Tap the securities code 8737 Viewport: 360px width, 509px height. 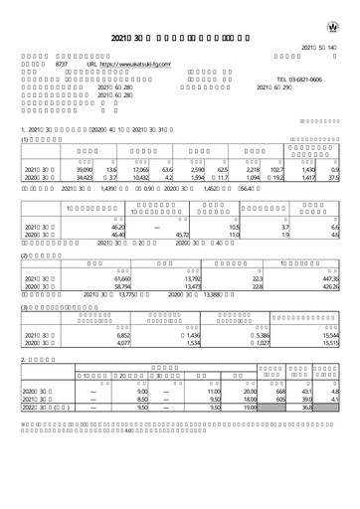[x=61, y=66]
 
